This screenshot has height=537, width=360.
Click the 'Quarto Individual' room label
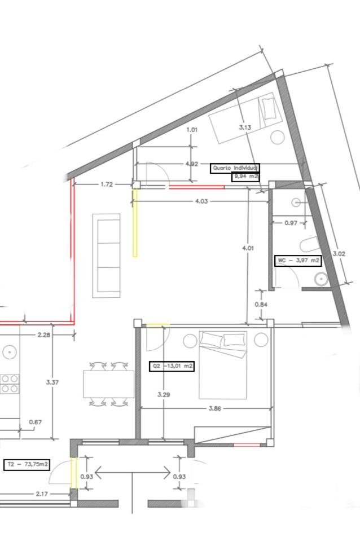click(x=235, y=168)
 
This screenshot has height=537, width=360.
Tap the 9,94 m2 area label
click(x=245, y=177)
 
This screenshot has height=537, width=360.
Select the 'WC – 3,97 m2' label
click(x=298, y=261)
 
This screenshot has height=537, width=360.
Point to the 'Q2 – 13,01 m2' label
click(x=172, y=366)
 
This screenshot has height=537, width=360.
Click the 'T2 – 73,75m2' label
click(x=27, y=465)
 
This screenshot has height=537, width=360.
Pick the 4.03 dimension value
click(x=201, y=201)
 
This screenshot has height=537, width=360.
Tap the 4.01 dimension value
click(x=248, y=248)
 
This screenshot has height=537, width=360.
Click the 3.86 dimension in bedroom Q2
click(x=215, y=408)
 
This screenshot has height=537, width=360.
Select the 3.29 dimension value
click(x=164, y=394)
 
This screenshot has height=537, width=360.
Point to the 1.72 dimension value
click(x=107, y=184)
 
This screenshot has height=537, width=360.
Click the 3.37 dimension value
click(x=52, y=382)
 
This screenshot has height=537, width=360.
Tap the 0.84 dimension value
click(x=261, y=305)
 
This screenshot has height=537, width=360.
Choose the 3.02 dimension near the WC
click(x=339, y=254)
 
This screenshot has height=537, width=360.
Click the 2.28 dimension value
click(x=44, y=335)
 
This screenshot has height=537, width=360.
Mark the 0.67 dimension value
click(x=36, y=422)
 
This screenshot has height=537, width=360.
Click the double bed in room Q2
click(x=223, y=365)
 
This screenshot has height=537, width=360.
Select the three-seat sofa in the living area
click(x=106, y=256)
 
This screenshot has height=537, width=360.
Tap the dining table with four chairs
click(x=108, y=384)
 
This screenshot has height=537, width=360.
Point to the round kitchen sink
click(x=9, y=352)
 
